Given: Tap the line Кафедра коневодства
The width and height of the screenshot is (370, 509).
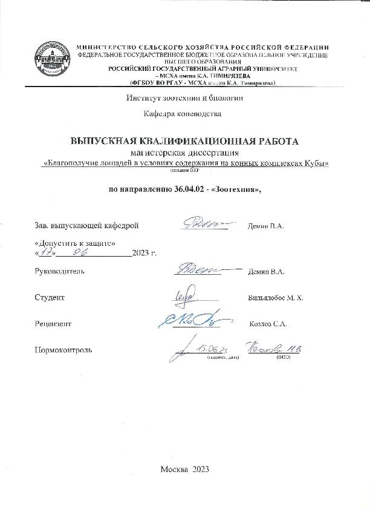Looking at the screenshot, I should (182, 113).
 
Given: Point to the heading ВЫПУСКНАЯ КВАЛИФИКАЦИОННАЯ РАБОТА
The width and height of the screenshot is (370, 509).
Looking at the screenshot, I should (185, 141).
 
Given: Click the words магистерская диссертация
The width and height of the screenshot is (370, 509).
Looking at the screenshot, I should (184, 153).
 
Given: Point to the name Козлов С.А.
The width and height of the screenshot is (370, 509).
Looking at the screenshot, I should (268, 324).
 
